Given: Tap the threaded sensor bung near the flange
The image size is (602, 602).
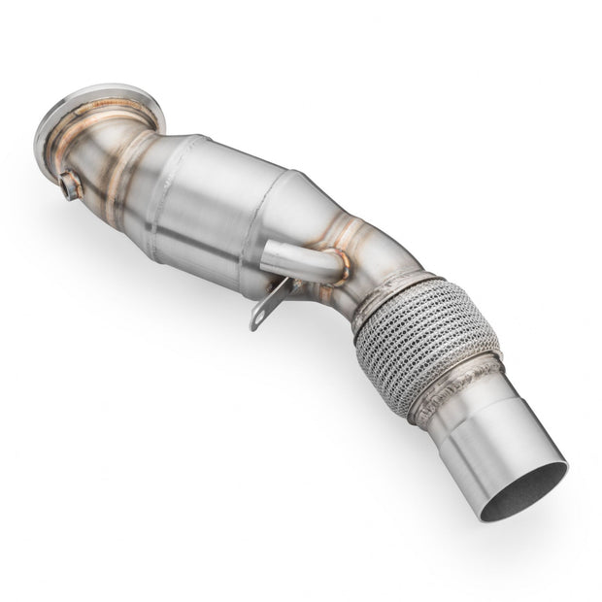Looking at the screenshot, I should [x=71, y=184].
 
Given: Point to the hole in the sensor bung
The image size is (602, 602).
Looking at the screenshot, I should [x=66, y=187].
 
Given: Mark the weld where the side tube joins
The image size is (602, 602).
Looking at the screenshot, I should [x=340, y=267].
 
